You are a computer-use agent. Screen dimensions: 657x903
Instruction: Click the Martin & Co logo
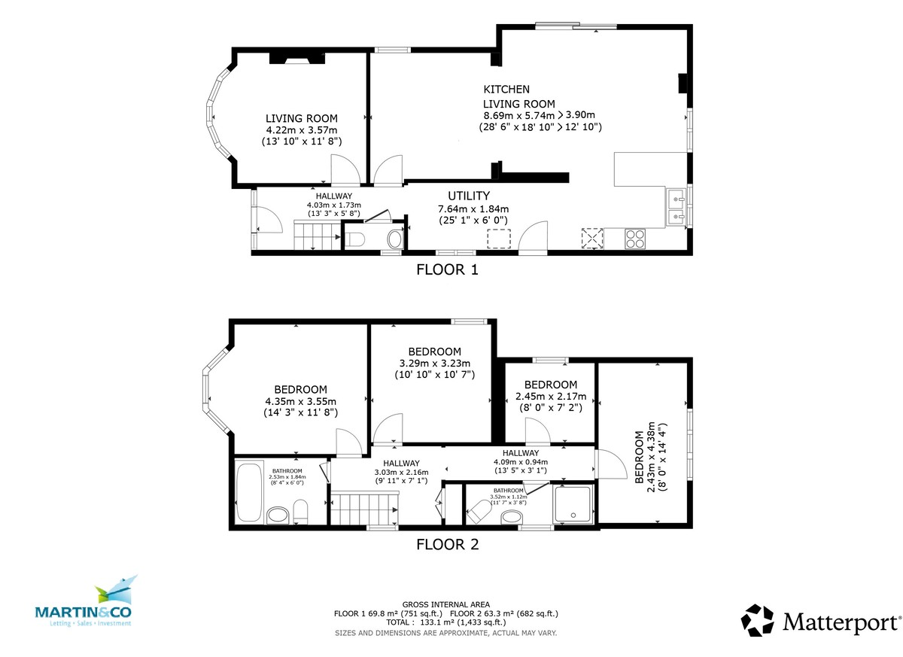[x=84, y=603]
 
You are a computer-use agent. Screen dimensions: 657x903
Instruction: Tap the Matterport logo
[x=820, y=622]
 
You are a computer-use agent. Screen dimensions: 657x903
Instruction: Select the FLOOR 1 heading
[x=447, y=269]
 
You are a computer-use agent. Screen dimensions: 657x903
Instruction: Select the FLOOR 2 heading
[x=447, y=544]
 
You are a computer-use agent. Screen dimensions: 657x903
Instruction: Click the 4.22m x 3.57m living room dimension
[x=301, y=129]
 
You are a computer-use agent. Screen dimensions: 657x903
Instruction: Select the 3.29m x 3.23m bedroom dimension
[x=434, y=363]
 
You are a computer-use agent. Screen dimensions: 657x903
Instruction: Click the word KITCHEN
[x=506, y=90]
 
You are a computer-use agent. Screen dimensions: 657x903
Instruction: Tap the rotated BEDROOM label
[x=640, y=458]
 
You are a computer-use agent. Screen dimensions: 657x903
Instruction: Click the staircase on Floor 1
[x=316, y=235]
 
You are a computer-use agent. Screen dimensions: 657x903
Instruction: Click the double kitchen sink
[x=676, y=208]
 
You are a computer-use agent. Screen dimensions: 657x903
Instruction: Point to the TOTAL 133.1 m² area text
[x=446, y=622]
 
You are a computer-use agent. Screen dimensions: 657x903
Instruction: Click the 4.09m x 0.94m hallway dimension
[x=520, y=462]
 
